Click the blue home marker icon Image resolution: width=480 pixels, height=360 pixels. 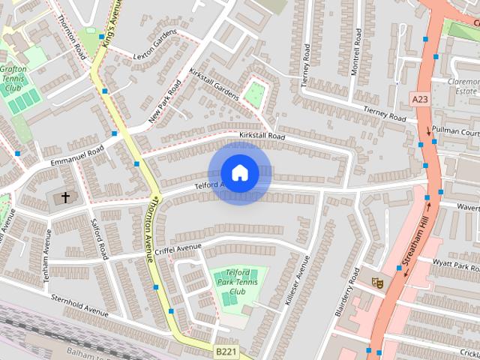point(239,173)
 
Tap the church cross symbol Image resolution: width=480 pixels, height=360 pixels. point(65,197)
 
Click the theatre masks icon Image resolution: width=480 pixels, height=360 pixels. point(378,283)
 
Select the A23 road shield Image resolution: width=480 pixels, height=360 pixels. point(420,98)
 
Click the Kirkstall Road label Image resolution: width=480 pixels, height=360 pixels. point(262,136)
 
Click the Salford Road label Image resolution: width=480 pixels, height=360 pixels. point(98,244)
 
